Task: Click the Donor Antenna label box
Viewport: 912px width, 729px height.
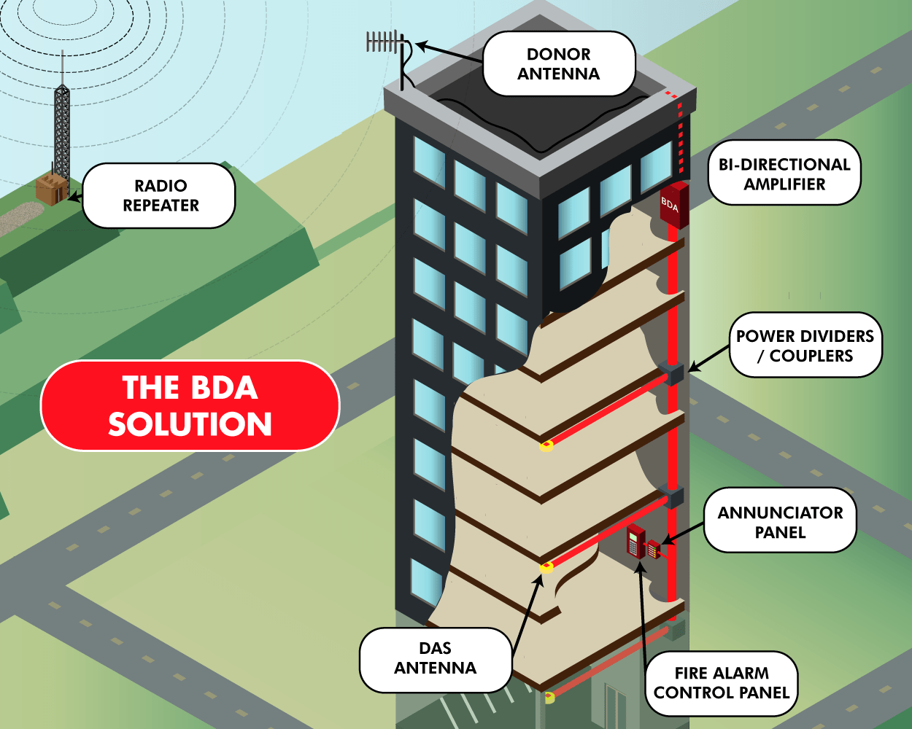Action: pyautogui.click(x=559, y=64)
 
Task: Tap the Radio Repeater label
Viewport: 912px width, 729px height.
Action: pyautogui.click(x=160, y=195)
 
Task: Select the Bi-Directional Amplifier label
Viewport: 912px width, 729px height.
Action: pyautogui.click(x=784, y=174)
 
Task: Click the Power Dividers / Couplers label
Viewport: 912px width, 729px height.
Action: pyautogui.click(x=805, y=346)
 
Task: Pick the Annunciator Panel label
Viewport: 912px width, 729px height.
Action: pyautogui.click(x=780, y=522)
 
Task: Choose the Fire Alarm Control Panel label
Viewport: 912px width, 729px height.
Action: pyautogui.click(x=721, y=683)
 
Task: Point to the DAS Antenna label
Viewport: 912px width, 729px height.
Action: pyautogui.click(x=436, y=658)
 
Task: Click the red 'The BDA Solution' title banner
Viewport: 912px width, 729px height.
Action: pyautogui.click(x=190, y=405)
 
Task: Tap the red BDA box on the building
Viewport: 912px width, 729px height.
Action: pyautogui.click(x=673, y=205)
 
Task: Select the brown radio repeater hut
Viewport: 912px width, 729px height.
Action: pyautogui.click(x=51, y=189)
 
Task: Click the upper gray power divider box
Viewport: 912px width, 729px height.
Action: pyautogui.click(x=673, y=374)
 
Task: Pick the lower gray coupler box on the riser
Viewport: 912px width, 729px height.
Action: pyautogui.click(x=673, y=497)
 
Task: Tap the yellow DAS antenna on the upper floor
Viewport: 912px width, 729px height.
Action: pyautogui.click(x=546, y=445)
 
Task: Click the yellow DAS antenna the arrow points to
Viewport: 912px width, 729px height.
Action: pyautogui.click(x=546, y=567)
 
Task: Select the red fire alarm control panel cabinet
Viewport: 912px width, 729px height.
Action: pyautogui.click(x=635, y=541)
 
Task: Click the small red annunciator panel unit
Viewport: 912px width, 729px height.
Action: pyautogui.click(x=654, y=549)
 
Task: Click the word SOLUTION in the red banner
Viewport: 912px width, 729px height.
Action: pyautogui.click(x=190, y=424)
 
